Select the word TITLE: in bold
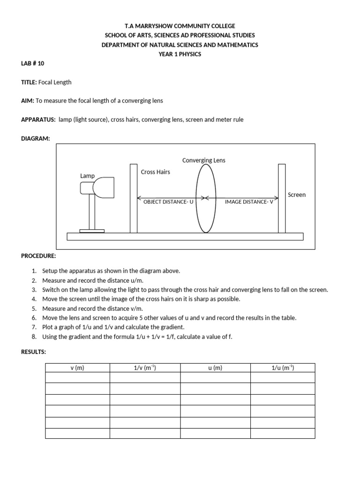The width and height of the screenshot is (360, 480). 29,82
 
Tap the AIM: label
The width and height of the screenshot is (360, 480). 27,101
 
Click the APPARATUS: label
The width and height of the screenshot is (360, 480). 38,120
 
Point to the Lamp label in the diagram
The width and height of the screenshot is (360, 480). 87,176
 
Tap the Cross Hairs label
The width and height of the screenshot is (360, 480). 155,172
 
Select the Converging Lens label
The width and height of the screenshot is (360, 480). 203,160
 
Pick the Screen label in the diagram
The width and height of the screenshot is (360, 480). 296,195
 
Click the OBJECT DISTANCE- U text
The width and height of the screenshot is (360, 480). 168,202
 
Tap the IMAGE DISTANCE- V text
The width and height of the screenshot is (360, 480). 249,202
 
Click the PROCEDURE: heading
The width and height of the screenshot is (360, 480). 38,256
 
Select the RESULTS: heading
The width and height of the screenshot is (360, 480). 33,352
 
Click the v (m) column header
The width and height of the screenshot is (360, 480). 77,368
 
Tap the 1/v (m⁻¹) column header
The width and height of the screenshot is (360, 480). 145,368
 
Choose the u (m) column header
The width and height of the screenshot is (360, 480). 215,368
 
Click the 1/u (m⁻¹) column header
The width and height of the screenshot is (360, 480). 283,368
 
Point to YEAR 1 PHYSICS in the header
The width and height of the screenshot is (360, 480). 180,54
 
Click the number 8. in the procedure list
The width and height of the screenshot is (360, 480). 34,337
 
